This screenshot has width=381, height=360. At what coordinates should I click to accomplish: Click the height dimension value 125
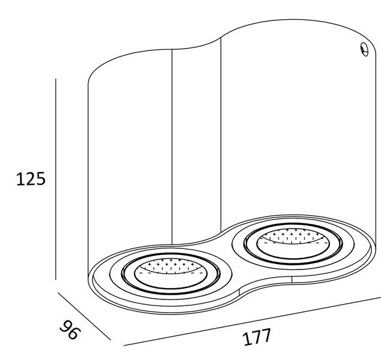point(28,179)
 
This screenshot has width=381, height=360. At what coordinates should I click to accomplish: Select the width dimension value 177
point(257,337)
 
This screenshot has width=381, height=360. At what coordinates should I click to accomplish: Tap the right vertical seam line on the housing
point(221,132)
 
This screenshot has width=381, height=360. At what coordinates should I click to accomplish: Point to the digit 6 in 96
point(74,333)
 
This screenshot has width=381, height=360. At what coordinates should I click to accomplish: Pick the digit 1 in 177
point(247,340)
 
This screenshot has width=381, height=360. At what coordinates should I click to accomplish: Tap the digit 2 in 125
point(28,179)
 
